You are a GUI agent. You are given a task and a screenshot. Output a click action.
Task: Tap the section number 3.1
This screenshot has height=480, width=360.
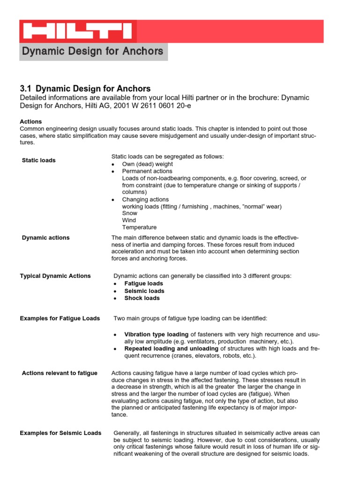[25, 89]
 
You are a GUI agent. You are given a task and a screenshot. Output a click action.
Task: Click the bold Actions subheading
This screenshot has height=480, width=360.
[31, 121]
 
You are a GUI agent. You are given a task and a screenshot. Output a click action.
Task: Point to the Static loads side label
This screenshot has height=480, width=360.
[39, 160]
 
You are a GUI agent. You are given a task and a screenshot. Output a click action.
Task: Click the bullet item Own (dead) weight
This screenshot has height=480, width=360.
[148, 164]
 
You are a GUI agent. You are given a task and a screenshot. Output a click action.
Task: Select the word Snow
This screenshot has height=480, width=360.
[130, 213]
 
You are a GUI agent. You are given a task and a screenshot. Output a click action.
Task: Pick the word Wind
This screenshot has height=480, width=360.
[129, 220]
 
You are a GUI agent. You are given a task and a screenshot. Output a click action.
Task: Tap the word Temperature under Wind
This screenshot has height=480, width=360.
[140, 227]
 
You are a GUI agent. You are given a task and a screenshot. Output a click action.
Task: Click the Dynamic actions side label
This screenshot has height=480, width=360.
[46, 238]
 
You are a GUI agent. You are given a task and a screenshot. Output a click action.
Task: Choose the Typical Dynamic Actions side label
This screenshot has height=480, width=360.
[55, 276]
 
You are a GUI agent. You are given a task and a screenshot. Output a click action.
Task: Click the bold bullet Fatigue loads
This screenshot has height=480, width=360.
[144, 284]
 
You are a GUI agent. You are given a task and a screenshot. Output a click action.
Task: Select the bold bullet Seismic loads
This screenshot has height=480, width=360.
[144, 291]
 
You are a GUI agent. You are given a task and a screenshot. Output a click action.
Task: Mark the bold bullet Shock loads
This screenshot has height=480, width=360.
[142, 298]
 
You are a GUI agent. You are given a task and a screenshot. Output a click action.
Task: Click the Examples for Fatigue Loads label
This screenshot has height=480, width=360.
[60, 318]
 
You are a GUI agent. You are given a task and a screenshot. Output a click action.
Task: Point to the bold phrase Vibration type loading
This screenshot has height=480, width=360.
[156, 335]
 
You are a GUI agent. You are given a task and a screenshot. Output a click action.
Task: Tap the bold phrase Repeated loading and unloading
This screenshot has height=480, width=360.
[171, 349]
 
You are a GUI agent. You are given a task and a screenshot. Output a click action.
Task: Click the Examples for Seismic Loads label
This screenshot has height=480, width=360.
[60, 433]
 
